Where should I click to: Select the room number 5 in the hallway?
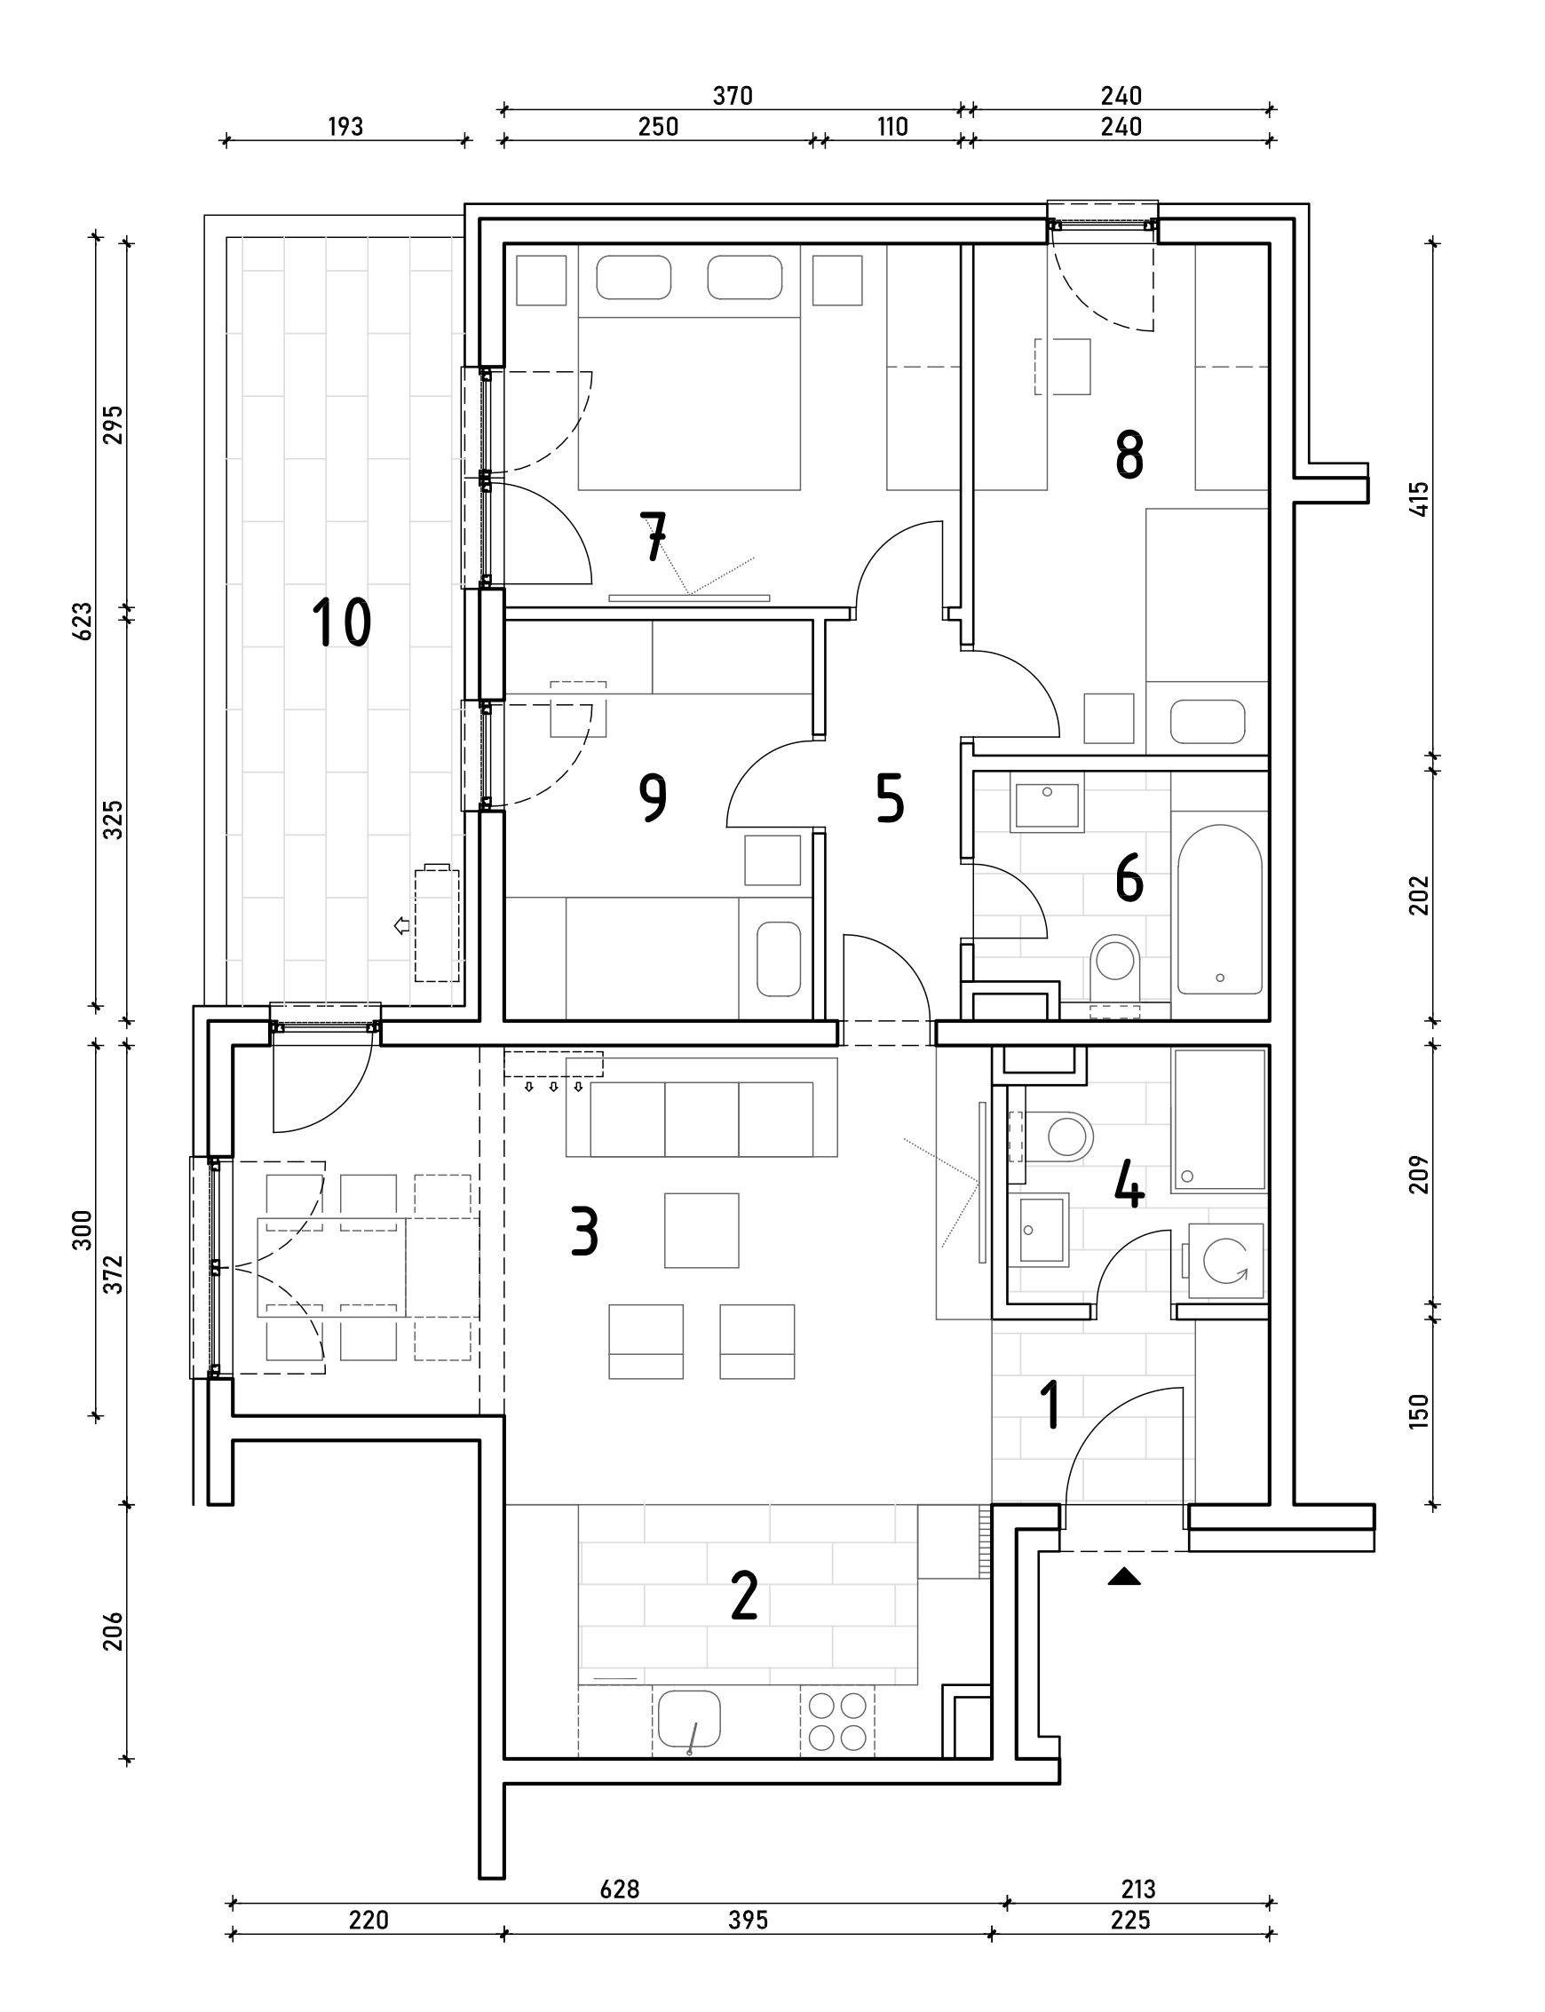click(891, 797)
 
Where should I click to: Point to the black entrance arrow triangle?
click(1124, 1577)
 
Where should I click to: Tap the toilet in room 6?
click(1115, 968)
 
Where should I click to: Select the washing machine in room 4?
click(1226, 1260)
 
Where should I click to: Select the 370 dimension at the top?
click(733, 96)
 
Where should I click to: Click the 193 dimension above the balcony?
click(345, 127)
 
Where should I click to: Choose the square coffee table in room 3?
click(701, 1231)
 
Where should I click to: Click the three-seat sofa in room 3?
click(701, 1108)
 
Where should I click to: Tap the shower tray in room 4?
click(1219, 1121)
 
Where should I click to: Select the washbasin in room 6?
click(1047, 805)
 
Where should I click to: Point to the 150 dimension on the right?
click(1420, 1411)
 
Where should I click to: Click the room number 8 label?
click(1129, 455)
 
